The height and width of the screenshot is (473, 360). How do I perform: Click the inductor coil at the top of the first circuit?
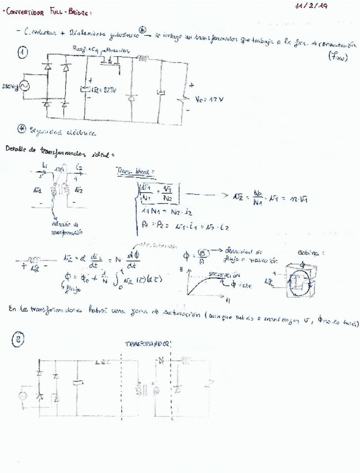[143, 56]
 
